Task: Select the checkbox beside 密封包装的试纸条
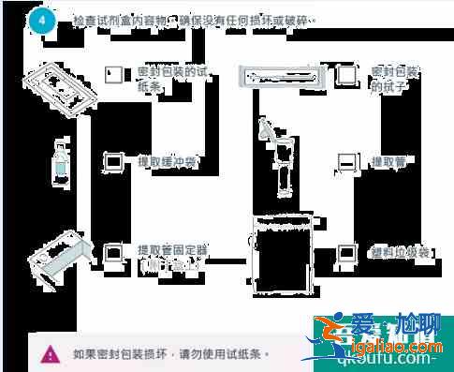tap(115, 74)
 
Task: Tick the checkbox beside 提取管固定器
tap(115, 251)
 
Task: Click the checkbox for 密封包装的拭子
tap(347, 75)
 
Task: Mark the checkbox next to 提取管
tap(347, 162)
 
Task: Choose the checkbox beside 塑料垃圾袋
tap(347, 252)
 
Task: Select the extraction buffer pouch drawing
tap(61, 165)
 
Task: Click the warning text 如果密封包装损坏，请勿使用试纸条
tap(169, 354)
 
